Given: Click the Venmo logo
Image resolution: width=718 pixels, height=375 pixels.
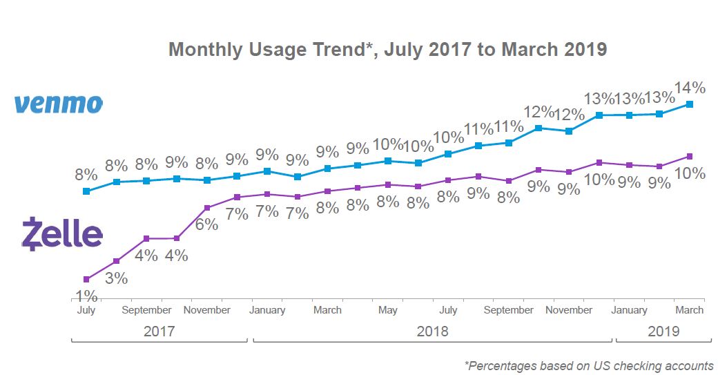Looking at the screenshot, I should click(59, 104).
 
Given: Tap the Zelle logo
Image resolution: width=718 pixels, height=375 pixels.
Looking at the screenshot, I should click(62, 233).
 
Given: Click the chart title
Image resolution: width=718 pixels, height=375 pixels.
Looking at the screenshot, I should click(387, 50).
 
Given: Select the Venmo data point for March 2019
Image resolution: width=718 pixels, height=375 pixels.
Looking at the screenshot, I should click(689, 104).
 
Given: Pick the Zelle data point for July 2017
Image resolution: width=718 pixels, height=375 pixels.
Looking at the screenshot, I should click(86, 279).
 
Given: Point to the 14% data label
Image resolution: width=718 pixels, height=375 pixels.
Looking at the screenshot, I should click(689, 88).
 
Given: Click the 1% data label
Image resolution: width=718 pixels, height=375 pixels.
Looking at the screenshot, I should click(86, 296).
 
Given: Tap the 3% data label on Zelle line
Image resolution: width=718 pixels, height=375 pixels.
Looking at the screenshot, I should click(117, 278).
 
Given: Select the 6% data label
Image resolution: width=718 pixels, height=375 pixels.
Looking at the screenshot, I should click(206, 224).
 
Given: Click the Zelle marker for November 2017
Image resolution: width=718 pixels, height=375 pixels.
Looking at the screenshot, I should click(206, 207).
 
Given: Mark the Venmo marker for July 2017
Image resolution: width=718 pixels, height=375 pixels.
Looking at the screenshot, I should click(86, 191).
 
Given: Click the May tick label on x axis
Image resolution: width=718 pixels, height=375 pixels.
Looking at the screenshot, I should click(387, 310).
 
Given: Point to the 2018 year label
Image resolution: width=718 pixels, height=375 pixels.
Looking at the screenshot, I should click(432, 331).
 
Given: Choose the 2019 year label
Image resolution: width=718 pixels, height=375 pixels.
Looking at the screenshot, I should click(663, 331).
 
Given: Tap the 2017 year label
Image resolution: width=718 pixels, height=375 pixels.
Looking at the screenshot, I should click(159, 331).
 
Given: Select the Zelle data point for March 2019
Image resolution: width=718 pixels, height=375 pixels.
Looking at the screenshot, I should click(689, 156).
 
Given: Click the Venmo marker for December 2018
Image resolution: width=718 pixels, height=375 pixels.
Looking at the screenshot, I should click(599, 115).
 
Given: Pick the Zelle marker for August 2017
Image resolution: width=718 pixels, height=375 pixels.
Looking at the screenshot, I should click(117, 261).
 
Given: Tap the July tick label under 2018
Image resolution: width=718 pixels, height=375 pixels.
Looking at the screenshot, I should click(448, 310).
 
